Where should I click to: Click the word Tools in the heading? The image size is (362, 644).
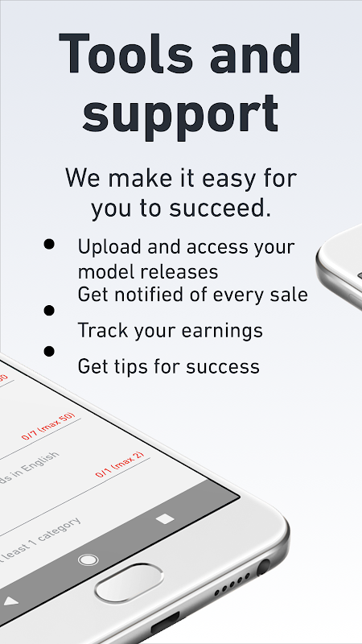(x=125, y=55)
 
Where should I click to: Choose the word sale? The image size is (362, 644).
(x=288, y=295)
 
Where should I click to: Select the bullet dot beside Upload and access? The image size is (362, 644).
(x=50, y=244)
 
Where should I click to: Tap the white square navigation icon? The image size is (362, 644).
(x=165, y=518)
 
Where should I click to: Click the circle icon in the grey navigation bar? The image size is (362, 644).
(x=88, y=559)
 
